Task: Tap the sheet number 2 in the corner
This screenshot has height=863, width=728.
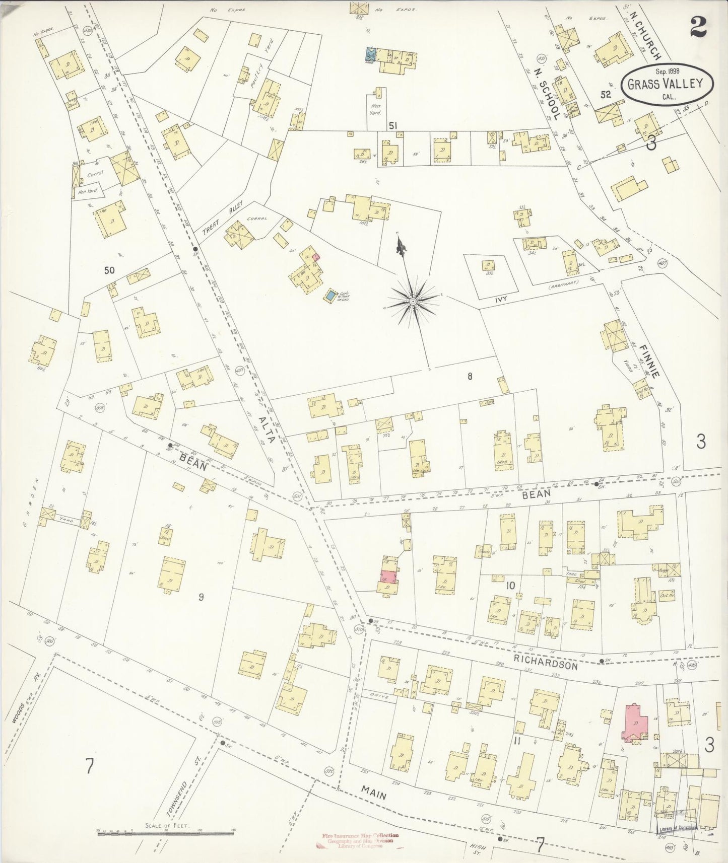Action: coord(698,28)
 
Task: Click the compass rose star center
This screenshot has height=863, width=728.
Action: coord(413,301)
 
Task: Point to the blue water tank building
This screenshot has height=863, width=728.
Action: coord(330,296)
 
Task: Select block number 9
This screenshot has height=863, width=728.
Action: coord(201,597)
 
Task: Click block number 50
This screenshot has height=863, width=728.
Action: coord(109,270)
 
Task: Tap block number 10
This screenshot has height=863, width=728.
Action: coord(510,585)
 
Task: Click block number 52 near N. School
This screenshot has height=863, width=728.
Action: coord(605,94)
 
